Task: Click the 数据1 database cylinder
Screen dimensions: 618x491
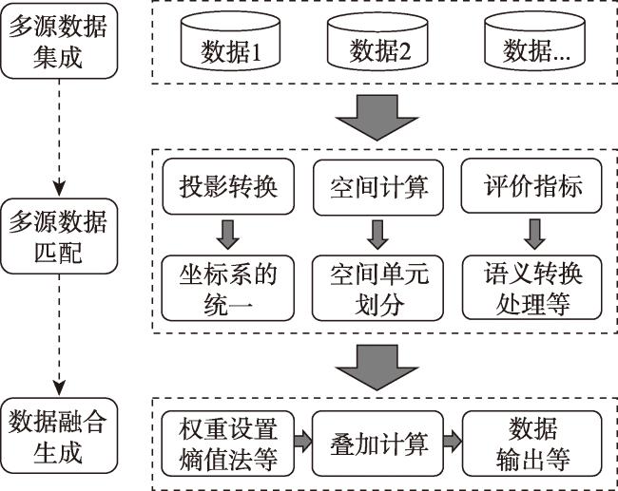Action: click(x=230, y=43)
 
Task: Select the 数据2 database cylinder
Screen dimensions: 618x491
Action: click(x=377, y=43)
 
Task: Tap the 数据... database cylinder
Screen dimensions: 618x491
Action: click(x=534, y=43)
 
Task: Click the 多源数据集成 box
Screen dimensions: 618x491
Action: click(x=59, y=41)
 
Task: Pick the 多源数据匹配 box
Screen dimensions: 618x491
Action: click(x=59, y=236)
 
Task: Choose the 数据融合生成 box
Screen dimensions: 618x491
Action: click(x=59, y=436)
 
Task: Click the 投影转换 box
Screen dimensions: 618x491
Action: click(x=228, y=187)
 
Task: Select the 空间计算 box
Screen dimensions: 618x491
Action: click(x=378, y=187)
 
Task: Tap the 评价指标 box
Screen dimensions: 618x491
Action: click(x=531, y=186)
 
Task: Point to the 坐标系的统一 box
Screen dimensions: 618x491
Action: click(x=228, y=288)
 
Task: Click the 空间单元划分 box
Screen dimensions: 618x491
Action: click(x=377, y=288)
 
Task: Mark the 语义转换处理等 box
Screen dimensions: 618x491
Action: click(x=532, y=288)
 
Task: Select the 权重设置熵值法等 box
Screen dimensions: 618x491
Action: click(x=228, y=444)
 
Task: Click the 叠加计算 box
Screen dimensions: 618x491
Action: click(x=377, y=444)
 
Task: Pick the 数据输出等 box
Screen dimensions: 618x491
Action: click(x=532, y=444)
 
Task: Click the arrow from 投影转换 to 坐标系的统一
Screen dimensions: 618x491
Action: click(x=228, y=235)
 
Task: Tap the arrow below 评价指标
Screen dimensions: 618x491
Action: click(x=535, y=235)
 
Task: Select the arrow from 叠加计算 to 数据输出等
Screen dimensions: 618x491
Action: click(x=453, y=441)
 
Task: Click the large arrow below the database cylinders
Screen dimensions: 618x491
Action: click(x=377, y=118)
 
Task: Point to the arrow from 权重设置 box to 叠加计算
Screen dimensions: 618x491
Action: click(x=303, y=441)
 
